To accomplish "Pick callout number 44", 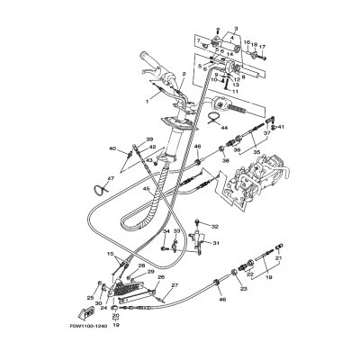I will pos(220,129).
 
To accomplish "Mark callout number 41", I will pos(280,127).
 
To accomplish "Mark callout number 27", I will pos(175,286).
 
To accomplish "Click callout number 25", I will pos(91,297).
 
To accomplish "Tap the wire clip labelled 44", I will pos(209,115).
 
